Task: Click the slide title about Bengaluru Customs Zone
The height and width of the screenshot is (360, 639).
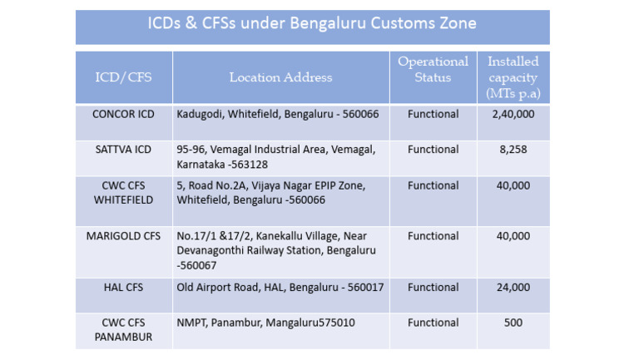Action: pyautogui.click(x=312, y=23)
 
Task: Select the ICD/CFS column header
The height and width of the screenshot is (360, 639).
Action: pyautogui.click(x=123, y=77)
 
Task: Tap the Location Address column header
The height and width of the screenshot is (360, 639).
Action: pyautogui.click(x=280, y=77)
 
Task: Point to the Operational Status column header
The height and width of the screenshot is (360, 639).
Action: pyautogui.click(x=433, y=70)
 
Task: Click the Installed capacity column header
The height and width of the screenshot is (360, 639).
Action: pyautogui.click(x=513, y=77)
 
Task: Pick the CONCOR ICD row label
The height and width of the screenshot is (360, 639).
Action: pyautogui.click(x=123, y=114)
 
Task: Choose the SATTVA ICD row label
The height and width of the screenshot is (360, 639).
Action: pyautogui.click(x=123, y=150)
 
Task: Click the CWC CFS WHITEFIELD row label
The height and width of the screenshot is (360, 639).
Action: pyautogui.click(x=123, y=193)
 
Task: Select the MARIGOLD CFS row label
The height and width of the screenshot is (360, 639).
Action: pyautogui.click(x=123, y=236)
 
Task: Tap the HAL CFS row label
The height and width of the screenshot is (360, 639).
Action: pyautogui.click(x=123, y=288)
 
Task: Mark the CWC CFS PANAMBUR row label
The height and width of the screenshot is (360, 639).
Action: pyautogui.click(x=123, y=330)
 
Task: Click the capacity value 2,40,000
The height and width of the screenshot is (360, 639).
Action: pyautogui.click(x=513, y=114)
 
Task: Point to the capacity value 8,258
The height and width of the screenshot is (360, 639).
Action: pyautogui.click(x=513, y=150)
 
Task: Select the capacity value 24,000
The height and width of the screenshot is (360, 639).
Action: pyautogui.click(x=513, y=288)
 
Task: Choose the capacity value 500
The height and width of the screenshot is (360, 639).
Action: pyautogui.click(x=513, y=323)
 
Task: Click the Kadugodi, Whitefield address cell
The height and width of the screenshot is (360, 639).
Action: pyautogui.click(x=278, y=114)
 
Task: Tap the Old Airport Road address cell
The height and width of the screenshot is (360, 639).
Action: pyautogui.click(x=280, y=288)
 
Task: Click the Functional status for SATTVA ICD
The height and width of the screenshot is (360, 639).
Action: pyautogui.click(x=433, y=150)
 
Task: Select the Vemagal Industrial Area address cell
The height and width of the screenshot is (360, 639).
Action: pyautogui.click(x=276, y=156)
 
